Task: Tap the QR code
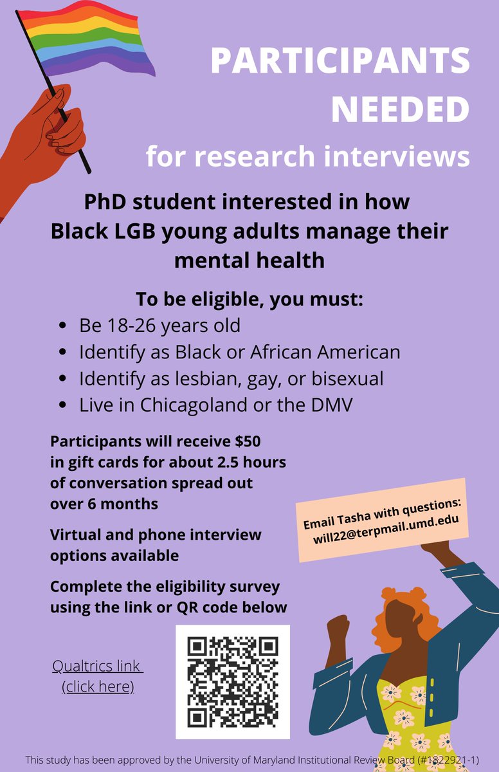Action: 233,682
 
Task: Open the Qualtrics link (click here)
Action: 98,676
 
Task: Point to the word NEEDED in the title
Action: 400,109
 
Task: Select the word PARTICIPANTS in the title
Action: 340,62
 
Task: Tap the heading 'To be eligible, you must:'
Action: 250,300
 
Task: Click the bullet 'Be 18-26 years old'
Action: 159,326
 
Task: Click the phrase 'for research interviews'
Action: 307,156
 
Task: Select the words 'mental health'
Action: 250,261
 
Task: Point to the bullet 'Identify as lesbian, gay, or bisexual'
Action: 231,379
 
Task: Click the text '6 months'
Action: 104,504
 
